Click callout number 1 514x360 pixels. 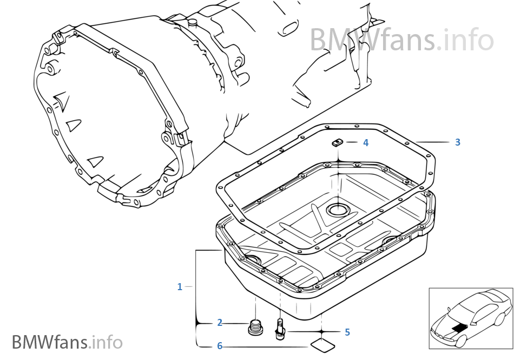point(180,287)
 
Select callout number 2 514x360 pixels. point(220,323)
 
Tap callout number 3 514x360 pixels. point(457,142)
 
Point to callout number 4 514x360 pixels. point(366,143)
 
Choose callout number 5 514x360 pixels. point(347,332)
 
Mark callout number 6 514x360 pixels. point(220,345)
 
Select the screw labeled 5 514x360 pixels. point(280,328)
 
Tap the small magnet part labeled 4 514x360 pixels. point(337,142)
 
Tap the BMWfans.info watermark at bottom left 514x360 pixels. point(67,342)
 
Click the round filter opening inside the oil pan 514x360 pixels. point(338,210)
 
